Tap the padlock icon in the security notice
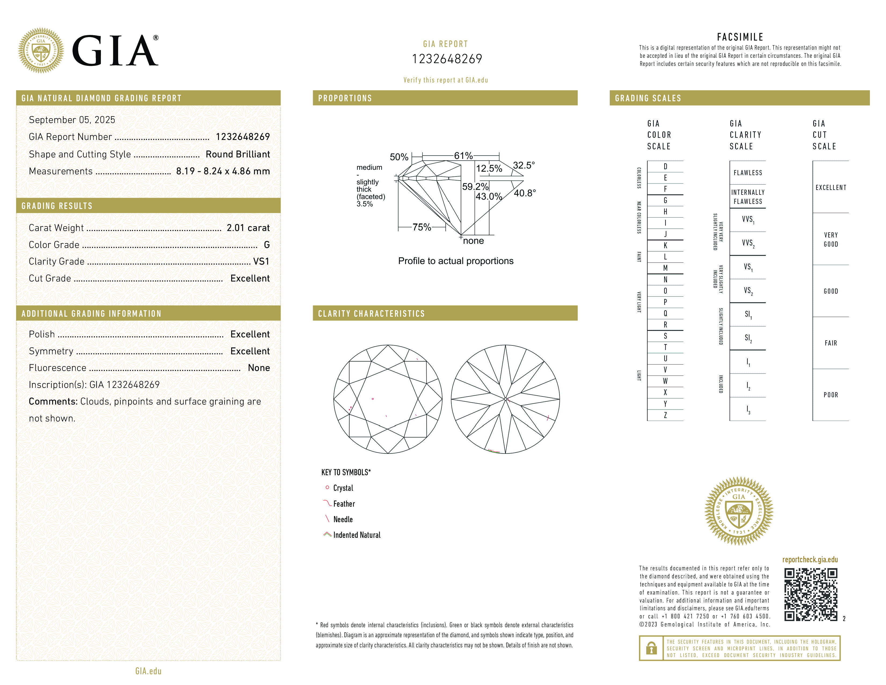point(651,648)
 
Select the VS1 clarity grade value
point(261,261)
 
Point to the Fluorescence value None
point(259,368)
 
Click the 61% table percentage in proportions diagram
point(463,156)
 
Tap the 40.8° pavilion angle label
point(525,193)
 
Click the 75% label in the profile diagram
point(422,227)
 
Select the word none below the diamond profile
point(473,241)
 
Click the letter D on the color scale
point(665,166)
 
